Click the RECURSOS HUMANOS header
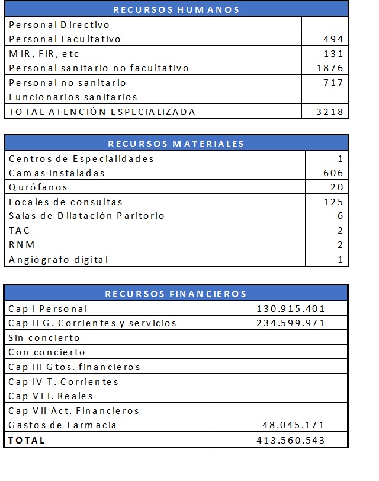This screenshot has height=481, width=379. pos(176,9)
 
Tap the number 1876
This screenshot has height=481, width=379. pos(330,68)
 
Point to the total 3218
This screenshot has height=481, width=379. pos(330,112)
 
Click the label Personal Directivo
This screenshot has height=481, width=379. pos(59,25)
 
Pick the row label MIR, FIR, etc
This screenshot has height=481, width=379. pos(44,54)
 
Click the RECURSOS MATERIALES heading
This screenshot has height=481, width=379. pos(176,144)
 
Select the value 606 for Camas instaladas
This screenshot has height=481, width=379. pos(333,173)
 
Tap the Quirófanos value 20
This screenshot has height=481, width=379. pos(336,187)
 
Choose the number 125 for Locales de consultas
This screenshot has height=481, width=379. pos(333,202)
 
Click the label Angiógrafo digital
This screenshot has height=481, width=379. pos(59,259)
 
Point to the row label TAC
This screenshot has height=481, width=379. pos(19,231)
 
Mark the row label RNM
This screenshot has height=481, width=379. pos(22,245)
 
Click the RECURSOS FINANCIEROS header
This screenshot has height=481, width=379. pos(176,294)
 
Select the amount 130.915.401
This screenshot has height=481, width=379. pos(291,309)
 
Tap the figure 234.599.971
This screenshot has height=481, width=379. pos(291,323)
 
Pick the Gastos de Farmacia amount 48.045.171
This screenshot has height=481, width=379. pos(294,425)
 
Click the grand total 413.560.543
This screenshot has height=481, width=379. pos(291,440)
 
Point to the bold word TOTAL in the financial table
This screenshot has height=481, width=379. pos(27,440)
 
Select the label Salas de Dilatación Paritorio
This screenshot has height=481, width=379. pos(86,216)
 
